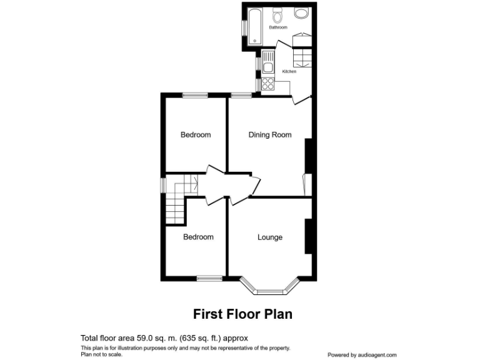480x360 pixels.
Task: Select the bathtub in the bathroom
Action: (x=254, y=27)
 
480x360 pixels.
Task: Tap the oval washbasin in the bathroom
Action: (x=301, y=14)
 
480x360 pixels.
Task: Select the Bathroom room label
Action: (x=278, y=28)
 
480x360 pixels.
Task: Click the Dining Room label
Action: (x=270, y=135)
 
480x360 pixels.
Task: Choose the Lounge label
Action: (x=270, y=237)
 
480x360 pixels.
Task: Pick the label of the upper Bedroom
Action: (x=196, y=135)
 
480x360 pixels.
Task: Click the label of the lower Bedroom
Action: (x=198, y=237)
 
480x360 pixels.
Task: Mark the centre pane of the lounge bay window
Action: (x=270, y=291)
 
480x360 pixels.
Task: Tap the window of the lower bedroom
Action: (x=209, y=278)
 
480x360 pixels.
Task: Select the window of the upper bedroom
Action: (x=195, y=95)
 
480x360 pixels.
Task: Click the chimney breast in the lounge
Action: (x=307, y=236)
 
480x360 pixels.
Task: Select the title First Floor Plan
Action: (x=242, y=314)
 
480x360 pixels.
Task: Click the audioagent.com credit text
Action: (x=362, y=354)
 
